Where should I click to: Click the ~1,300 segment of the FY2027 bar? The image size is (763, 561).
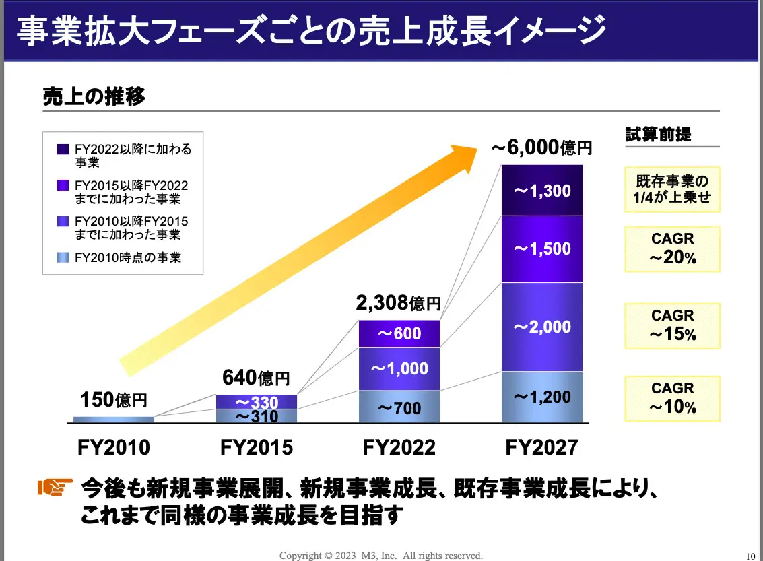[542, 191]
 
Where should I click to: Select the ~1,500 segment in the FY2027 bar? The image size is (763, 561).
[542, 249]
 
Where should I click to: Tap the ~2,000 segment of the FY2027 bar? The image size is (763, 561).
[542, 327]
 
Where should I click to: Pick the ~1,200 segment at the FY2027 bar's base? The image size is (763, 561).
[542, 397]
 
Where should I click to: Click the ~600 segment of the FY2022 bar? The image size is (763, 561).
[399, 333]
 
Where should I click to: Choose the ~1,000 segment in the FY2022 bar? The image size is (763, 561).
[399, 368]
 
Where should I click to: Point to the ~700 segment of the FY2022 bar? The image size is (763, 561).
[399, 407]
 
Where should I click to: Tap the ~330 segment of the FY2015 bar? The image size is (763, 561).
[257, 402]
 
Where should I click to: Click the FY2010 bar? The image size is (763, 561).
[114, 420]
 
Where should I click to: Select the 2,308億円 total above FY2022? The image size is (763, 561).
[399, 303]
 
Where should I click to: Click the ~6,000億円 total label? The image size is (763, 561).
[541, 148]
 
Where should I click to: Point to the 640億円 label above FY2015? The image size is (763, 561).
[256, 378]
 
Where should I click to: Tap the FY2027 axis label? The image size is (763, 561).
[541, 447]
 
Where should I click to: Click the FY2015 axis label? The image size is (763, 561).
[257, 447]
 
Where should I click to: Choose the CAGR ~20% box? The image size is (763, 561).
[672, 249]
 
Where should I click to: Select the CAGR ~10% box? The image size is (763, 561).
[672, 397]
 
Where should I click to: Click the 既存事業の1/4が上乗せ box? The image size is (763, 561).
[672, 189]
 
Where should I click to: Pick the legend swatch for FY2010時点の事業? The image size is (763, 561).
[63, 257]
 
